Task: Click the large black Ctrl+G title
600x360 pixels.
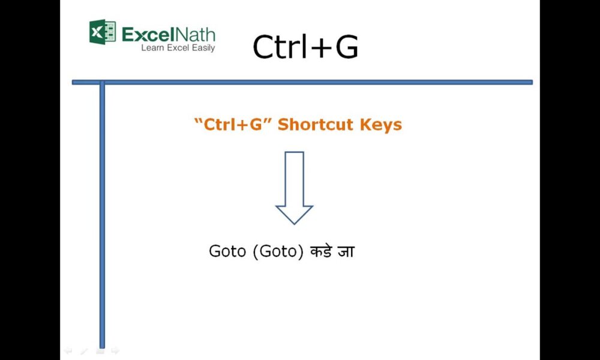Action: (x=305, y=47)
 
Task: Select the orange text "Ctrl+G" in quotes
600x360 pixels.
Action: (x=230, y=125)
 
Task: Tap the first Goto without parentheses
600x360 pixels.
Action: (x=227, y=251)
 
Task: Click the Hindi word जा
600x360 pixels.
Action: (x=346, y=251)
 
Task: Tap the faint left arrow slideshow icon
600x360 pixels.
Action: (x=68, y=350)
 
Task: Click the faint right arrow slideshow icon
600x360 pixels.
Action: (x=115, y=350)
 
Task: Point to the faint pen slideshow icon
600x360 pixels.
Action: (x=83, y=350)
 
